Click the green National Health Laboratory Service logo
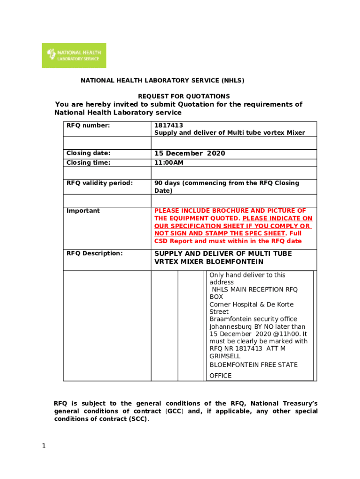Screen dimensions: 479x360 pyautogui.click(x=74, y=55)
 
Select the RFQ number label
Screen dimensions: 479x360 pyautogui.click(x=88, y=125)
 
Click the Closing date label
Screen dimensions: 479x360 pyautogui.click(x=88, y=153)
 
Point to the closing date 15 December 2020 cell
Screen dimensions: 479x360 pyautogui.click(x=190, y=153)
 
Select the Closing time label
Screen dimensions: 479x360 pyautogui.click(x=88, y=163)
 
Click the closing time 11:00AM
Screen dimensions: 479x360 pyautogui.click(x=169, y=163)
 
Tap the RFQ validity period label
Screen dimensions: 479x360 pyautogui.click(x=100, y=183)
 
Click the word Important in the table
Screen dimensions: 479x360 pyautogui.click(x=83, y=211)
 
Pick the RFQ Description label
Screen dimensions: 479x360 pyautogui.click(x=94, y=254)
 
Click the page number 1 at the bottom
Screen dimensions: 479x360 pyautogui.click(x=43, y=446)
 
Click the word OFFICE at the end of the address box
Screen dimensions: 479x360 pyautogui.click(x=220, y=376)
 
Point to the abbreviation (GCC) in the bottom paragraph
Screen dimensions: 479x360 pyautogui.click(x=174, y=411)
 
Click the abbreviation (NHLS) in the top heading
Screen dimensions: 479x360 pyautogui.click(x=230, y=80)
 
